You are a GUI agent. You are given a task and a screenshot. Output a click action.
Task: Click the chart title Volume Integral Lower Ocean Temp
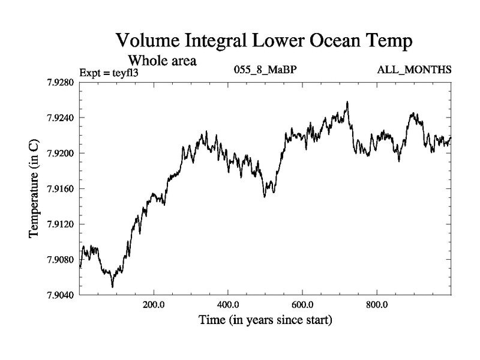click(264, 41)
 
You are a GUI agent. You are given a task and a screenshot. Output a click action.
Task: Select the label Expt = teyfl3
click(109, 73)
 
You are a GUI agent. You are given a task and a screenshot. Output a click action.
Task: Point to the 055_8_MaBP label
click(265, 71)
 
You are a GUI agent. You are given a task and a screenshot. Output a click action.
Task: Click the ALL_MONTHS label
click(414, 71)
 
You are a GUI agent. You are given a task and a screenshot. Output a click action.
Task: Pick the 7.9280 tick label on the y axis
click(61, 82)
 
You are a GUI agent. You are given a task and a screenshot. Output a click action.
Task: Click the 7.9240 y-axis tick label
click(61, 118)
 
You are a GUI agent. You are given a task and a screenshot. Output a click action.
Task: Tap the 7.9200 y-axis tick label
click(61, 153)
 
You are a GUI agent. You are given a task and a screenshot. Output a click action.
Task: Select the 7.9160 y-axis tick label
click(61, 189)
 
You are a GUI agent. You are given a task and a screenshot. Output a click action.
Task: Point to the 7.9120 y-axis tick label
click(61, 224)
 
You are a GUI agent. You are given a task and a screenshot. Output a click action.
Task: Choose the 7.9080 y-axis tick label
click(61, 260)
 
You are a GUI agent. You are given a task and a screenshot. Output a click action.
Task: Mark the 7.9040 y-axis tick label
click(61, 295)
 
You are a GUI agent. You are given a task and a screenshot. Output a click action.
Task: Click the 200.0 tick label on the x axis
click(154, 305)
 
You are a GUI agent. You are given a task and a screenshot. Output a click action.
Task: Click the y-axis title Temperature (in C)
click(35, 189)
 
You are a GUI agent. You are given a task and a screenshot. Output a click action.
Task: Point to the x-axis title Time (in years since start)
click(265, 321)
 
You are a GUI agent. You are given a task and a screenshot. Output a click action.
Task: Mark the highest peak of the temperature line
click(347, 102)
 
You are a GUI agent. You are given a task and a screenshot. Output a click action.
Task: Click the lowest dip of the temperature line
click(113, 287)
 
